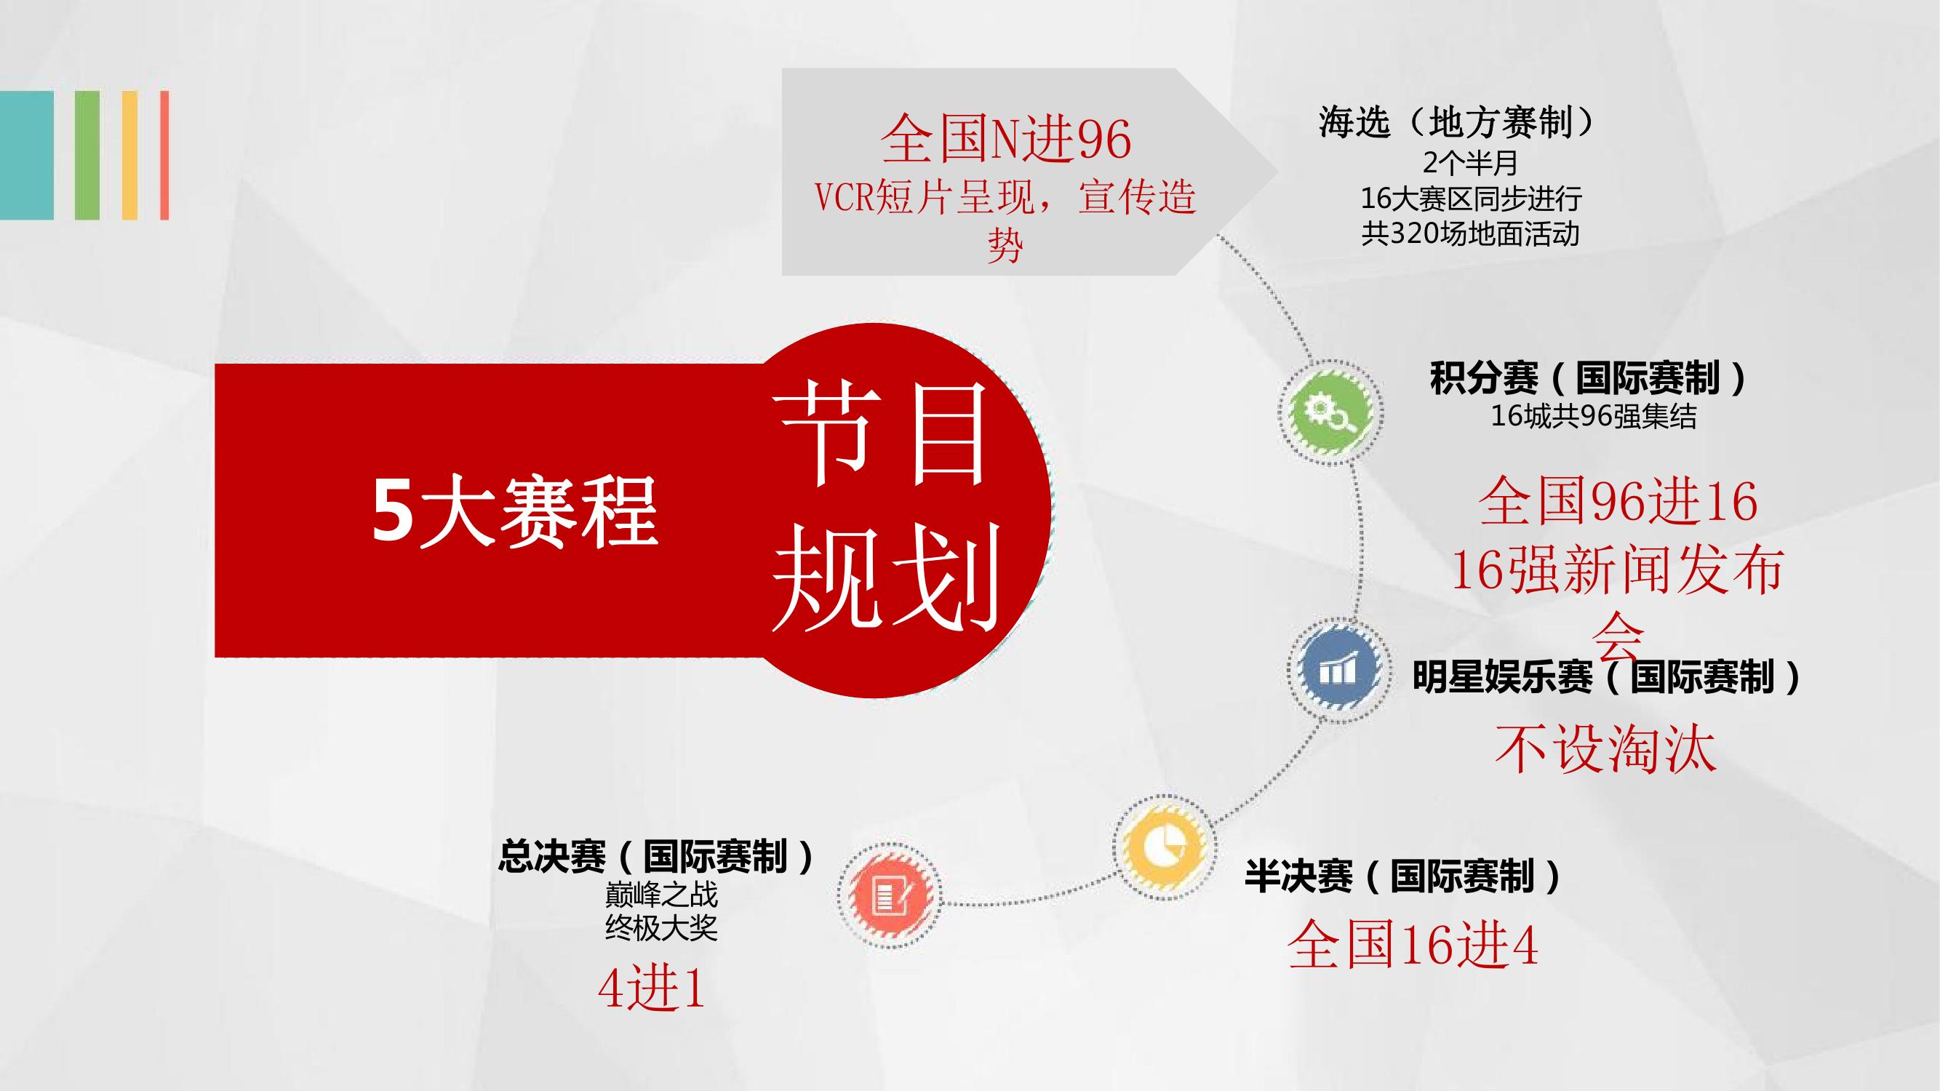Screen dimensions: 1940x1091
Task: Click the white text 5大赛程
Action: click(x=515, y=513)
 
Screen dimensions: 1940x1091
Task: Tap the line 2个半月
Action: click(x=1470, y=164)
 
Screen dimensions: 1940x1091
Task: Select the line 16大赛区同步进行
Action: click(x=1471, y=199)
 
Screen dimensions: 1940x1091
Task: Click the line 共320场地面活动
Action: click(x=1470, y=234)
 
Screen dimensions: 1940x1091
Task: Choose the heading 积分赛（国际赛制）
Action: click(x=1589, y=379)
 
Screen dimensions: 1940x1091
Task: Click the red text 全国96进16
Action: click(x=1618, y=502)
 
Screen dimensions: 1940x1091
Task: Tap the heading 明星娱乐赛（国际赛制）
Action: click(x=1606, y=676)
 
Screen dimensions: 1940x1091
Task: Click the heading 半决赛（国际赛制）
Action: click(x=1402, y=876)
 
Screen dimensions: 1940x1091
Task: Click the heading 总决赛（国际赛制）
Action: click(x=656, y=856)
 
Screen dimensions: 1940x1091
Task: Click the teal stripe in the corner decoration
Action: click(x=27, y=155)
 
